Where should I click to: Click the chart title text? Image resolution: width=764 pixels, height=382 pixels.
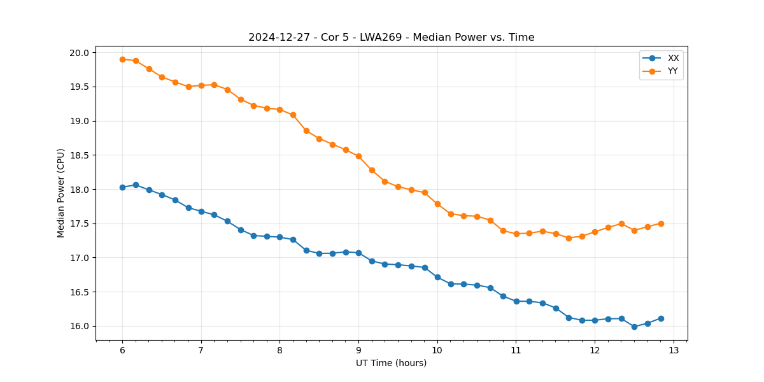[391, 38]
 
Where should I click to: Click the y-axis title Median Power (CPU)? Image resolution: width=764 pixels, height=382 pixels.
[61, 193]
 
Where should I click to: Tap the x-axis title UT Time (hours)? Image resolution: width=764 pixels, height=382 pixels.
[391, 363]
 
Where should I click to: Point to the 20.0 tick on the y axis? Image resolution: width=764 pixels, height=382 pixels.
[83, 52]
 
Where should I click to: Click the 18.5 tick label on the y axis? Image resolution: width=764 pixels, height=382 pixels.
[83, 155]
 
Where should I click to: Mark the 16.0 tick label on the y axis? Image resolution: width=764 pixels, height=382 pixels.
[83, 327]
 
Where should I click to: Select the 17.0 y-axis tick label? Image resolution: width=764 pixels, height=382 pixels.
[83, 258]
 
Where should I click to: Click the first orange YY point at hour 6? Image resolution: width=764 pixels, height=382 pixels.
[122, 59]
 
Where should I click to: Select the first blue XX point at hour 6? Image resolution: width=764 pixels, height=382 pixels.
[122, 187]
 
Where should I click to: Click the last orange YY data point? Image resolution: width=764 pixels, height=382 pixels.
[661, 223]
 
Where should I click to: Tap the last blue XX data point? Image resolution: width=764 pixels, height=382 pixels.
[661, 318]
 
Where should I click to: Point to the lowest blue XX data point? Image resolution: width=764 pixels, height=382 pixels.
[634, 327]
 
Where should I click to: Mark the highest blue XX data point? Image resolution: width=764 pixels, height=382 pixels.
[136, 185]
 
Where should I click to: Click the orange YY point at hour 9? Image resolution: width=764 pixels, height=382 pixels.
[358, 156]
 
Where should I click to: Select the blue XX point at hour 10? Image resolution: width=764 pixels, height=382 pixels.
[437, 277]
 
